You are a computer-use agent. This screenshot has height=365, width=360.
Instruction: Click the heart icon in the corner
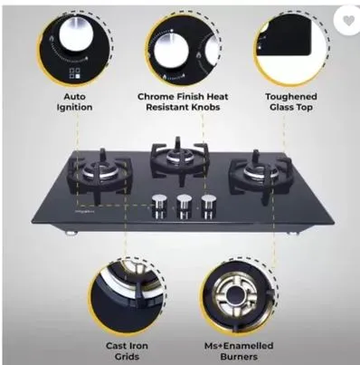pyautogui.click(x=349, y=21)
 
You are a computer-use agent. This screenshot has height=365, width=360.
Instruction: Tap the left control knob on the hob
pyautogui.click(x=158, y=206)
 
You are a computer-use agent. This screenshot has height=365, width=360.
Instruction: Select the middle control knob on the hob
pyautogui.click(x=184, y=206)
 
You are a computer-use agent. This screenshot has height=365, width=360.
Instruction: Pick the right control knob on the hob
pyautogui.click(x=209, y=206)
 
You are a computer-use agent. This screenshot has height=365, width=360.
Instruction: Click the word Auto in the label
pyautogui.click(x=74, y=97)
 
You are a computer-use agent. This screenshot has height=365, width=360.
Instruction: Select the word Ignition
pyautogui.click(x=74, y=107)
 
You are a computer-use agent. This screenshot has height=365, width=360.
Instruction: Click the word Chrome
pyautogui.click(x=156, y=97)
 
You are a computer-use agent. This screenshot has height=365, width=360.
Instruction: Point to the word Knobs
pyautogui.click(x=204, y=107)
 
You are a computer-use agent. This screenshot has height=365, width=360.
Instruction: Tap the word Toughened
pyautogui.click(x=291, y=97)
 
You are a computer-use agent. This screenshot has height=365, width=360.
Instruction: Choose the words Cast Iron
pyautogui.click(x=127, y=346)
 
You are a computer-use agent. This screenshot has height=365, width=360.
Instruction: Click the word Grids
pyautogui.click(x=127, y=356)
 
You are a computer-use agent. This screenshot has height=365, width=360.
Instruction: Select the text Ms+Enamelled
pyautogui.click(x=239, y=346)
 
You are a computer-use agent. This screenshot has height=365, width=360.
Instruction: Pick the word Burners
pyautogui.click(x=239, y=356)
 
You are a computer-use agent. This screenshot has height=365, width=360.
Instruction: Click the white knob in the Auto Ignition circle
pyautogui.click(x=76, y=34)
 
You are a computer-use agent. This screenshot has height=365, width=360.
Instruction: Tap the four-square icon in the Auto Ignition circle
pyautogui.click(x=74, y=73)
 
